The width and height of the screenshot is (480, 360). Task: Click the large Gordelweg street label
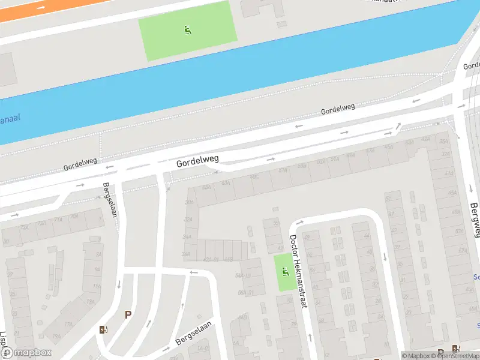pos(197,161)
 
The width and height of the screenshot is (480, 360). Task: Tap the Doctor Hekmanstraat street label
pos(298,271)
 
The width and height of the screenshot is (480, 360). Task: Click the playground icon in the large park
pos(187,29)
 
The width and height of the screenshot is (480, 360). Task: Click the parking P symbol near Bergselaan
pos(128,314)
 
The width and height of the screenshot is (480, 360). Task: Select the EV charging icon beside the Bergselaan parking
pos(104,329)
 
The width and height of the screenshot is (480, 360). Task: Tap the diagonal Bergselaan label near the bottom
pos(191,332)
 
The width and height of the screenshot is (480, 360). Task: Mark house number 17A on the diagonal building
pos(68,325)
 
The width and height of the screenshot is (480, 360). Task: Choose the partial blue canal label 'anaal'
pos(10,118)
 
